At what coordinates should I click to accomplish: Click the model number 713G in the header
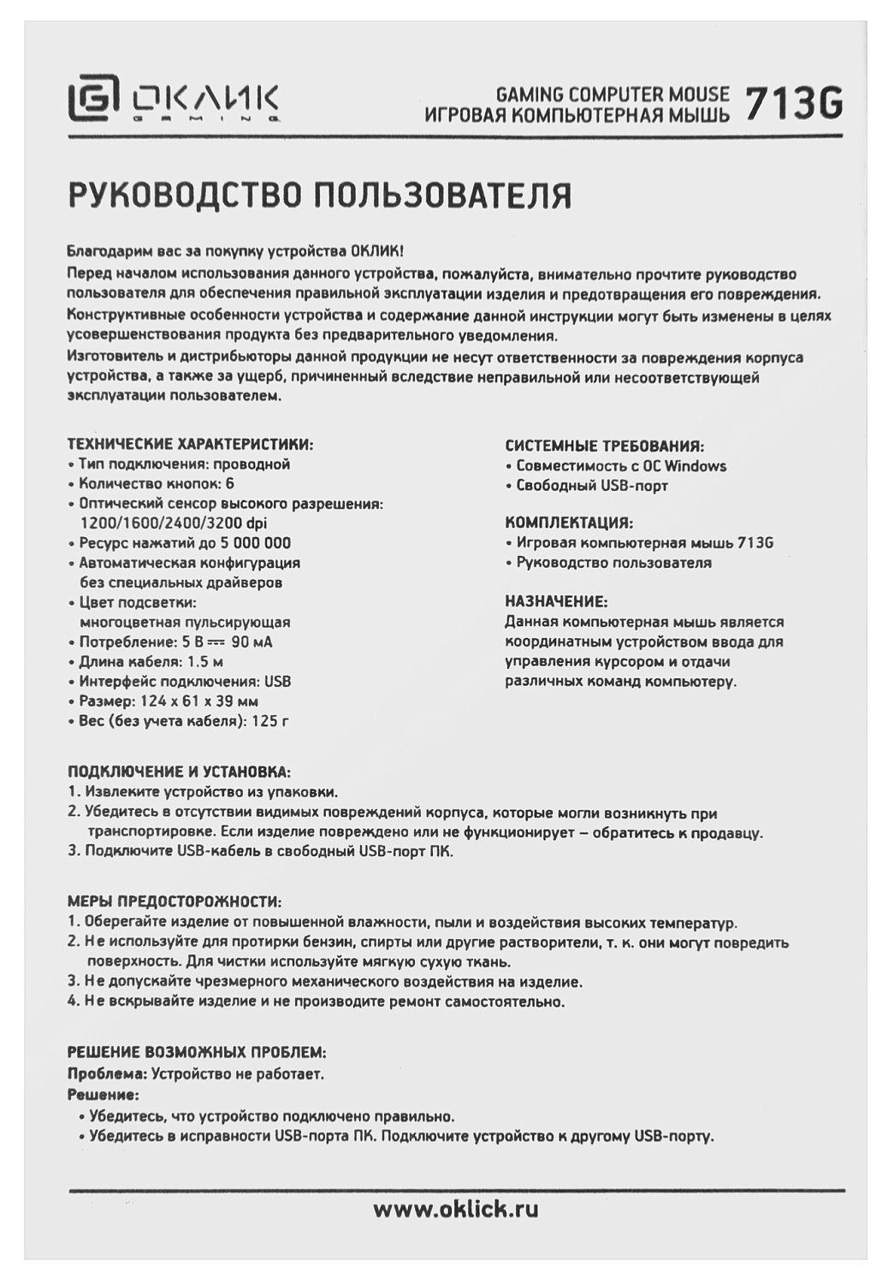point(793,104)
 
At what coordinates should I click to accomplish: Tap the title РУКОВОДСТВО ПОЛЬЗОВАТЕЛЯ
point(319,194)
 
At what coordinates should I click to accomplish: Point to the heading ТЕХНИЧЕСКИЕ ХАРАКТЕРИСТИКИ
point(190,445)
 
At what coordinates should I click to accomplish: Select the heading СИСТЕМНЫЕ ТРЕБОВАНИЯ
point(604,446)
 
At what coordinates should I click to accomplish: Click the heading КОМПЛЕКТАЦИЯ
point(569,523)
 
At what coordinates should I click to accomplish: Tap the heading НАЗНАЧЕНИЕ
point(556,601)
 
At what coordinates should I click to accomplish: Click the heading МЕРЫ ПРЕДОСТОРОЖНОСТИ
point(175,902)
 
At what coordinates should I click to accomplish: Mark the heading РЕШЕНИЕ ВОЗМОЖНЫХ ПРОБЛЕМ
point(197,1051)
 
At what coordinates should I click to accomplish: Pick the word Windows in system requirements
point(695,466)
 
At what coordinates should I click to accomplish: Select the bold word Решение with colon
point(103,1095)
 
